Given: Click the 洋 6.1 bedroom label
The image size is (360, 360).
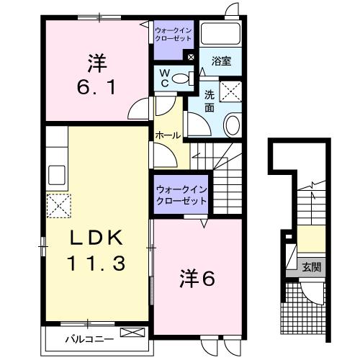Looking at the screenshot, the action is click(97, 74).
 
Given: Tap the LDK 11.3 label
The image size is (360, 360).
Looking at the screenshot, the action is click(96, 250).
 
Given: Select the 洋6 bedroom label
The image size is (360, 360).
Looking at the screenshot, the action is click(197, 278).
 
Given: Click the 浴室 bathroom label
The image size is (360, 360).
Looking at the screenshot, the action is click(221, 61).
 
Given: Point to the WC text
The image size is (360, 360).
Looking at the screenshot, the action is click(165, 78).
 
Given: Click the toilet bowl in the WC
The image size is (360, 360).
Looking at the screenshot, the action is click(183, 78).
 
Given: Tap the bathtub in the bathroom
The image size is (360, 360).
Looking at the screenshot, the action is click(220, 34).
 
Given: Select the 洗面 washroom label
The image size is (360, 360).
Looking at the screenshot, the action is click(210, 102).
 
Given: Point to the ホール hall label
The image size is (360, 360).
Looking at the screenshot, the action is click(168, 135).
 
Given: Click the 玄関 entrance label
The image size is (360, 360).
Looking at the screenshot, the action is click(312, 267).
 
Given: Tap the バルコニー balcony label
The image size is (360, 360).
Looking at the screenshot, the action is click(89, 339).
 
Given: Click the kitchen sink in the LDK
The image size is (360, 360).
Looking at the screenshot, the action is click(57, 175).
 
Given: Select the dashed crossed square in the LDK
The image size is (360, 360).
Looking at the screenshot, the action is click(59, 206).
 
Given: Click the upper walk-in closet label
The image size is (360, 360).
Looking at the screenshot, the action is click(174, 35).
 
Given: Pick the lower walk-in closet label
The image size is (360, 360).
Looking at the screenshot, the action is click(181, 195).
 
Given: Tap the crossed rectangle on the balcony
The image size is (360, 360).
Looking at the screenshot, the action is click(132, 333).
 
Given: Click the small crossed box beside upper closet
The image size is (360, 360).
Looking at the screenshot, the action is click(191, 57).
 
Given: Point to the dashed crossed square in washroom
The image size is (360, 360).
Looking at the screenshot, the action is click(230, 91).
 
